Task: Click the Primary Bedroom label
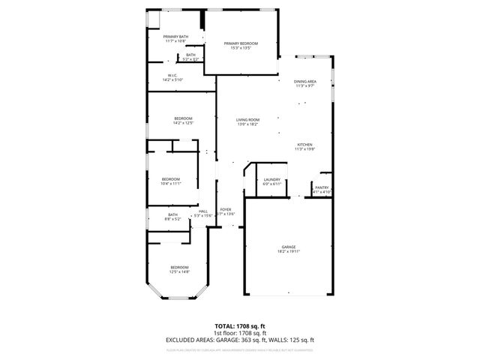(241, 44)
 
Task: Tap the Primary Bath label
(177, 37)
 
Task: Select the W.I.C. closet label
(172, 75)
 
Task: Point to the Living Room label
(247, 120)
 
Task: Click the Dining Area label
(304, 81)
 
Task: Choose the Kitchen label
(304, 145)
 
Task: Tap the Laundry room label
(271, 180)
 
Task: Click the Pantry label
(322, 187)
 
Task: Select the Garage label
(289, 247)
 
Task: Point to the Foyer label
(225, 209)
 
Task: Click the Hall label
(203, 211)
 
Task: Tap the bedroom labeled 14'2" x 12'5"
(184, 118)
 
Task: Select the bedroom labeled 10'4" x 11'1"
(171, 179)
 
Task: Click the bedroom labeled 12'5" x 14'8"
(179, 268)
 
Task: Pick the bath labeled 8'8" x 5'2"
(172, 215)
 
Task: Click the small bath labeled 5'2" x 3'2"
(190, 55)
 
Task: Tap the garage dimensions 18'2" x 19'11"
(289, 251)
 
